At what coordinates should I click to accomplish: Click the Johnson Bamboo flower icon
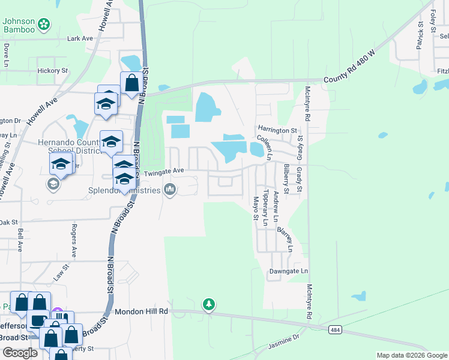coord(43,25)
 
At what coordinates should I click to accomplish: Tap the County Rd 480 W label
coord(349,70)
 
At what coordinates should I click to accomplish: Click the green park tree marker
coord(208,305)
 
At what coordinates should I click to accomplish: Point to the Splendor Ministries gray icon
coord(170,190)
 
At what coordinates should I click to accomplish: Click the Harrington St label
coord(278,130)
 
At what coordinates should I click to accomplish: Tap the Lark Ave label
coord(80,38)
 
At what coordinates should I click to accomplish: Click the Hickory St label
coord(53,70)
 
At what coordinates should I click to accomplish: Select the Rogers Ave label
coord(74,241)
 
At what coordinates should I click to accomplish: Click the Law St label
coord(58,274)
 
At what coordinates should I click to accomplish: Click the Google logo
coord(20,353)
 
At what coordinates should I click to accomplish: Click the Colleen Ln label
coord(265,147)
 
